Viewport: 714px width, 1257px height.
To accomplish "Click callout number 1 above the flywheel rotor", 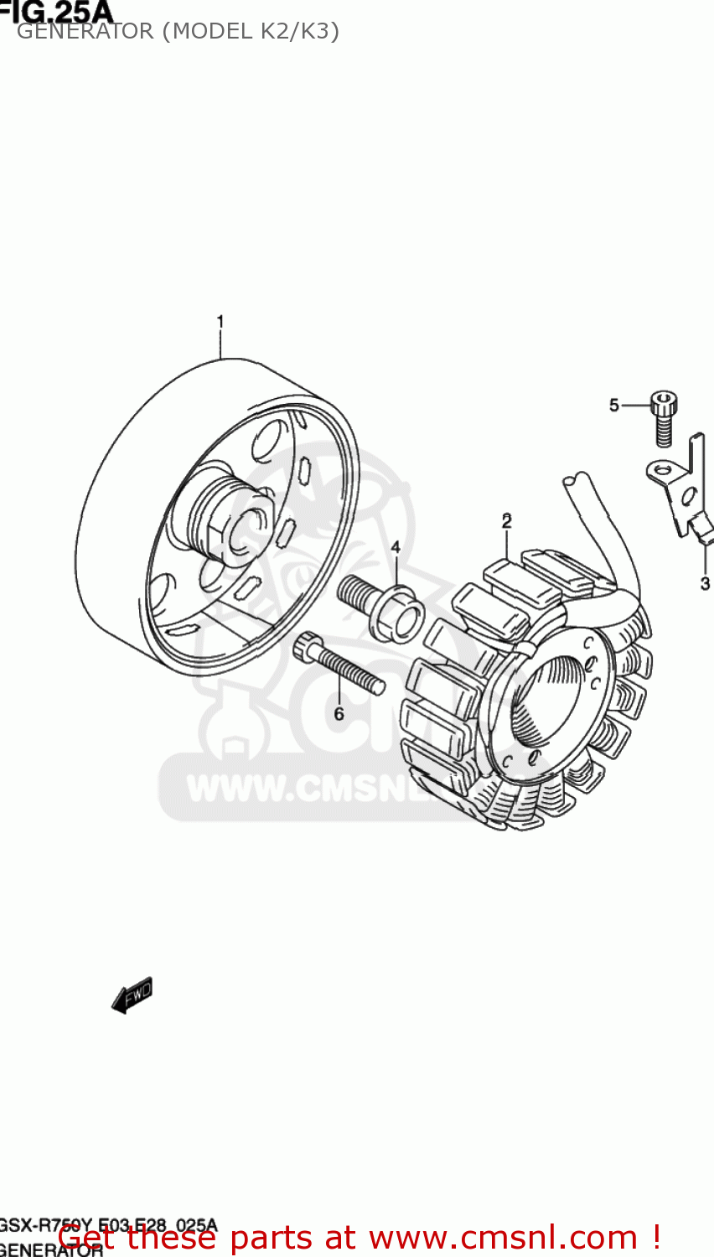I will coord(220,322).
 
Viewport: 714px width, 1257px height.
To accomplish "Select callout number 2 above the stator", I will coord(506,520).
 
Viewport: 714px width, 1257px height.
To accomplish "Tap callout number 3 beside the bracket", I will coord(705,583).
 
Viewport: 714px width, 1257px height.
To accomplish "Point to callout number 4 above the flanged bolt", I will coord(395,548).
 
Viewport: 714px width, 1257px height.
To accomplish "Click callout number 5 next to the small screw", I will coord(613,406).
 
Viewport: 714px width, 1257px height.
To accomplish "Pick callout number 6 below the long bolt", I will coord(339,714).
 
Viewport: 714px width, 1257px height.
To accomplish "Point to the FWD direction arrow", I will coord(132,995).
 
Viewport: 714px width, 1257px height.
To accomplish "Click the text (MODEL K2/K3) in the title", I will coord(251,32).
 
